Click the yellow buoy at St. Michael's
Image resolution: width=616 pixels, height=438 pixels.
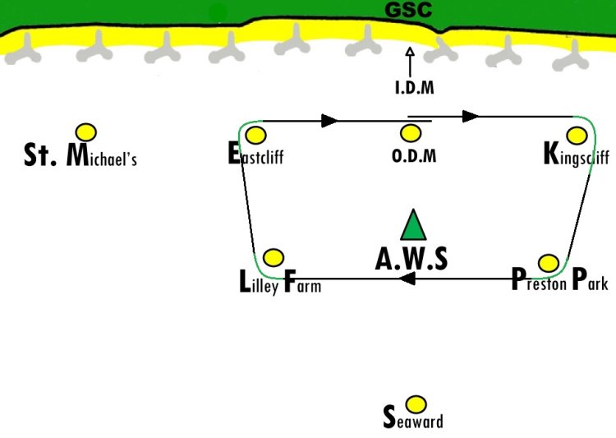[x=86, y=132]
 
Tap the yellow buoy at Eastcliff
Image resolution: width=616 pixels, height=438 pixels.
[x=255, y=136]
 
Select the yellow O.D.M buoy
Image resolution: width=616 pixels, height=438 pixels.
[x=411, y=133]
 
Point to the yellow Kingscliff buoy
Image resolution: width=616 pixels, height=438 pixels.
[x=577, y=136]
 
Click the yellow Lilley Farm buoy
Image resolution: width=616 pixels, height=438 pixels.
[x=274, y=257]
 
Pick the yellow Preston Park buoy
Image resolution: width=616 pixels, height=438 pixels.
[x=549, y=263]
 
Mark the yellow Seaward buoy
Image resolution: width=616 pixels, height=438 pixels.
[x=416, y=404]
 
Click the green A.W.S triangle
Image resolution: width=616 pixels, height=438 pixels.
[x=413, y=225]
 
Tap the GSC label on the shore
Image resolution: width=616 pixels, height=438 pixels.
[x=408, y=10]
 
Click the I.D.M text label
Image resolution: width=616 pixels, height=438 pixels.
[x=415, y=88]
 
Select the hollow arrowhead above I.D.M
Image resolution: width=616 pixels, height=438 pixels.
[x=410, y=52]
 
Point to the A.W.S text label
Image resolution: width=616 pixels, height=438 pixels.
[x=411, y=259]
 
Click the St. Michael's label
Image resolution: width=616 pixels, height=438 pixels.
[x=80, y=155]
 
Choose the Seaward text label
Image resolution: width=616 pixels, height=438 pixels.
[x=413, y=417]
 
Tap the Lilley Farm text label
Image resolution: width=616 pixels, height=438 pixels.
[x=280, y=282]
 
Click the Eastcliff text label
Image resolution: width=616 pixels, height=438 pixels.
[x=255, y=154]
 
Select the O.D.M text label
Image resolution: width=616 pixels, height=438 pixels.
[x=414, y=156]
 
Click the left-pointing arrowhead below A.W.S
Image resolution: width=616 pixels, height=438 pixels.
[x=407, y=279]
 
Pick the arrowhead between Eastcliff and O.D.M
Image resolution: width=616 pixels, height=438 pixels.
[x=329, y=121]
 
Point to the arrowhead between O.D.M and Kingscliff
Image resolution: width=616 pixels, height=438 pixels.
[x=471, y=117]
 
